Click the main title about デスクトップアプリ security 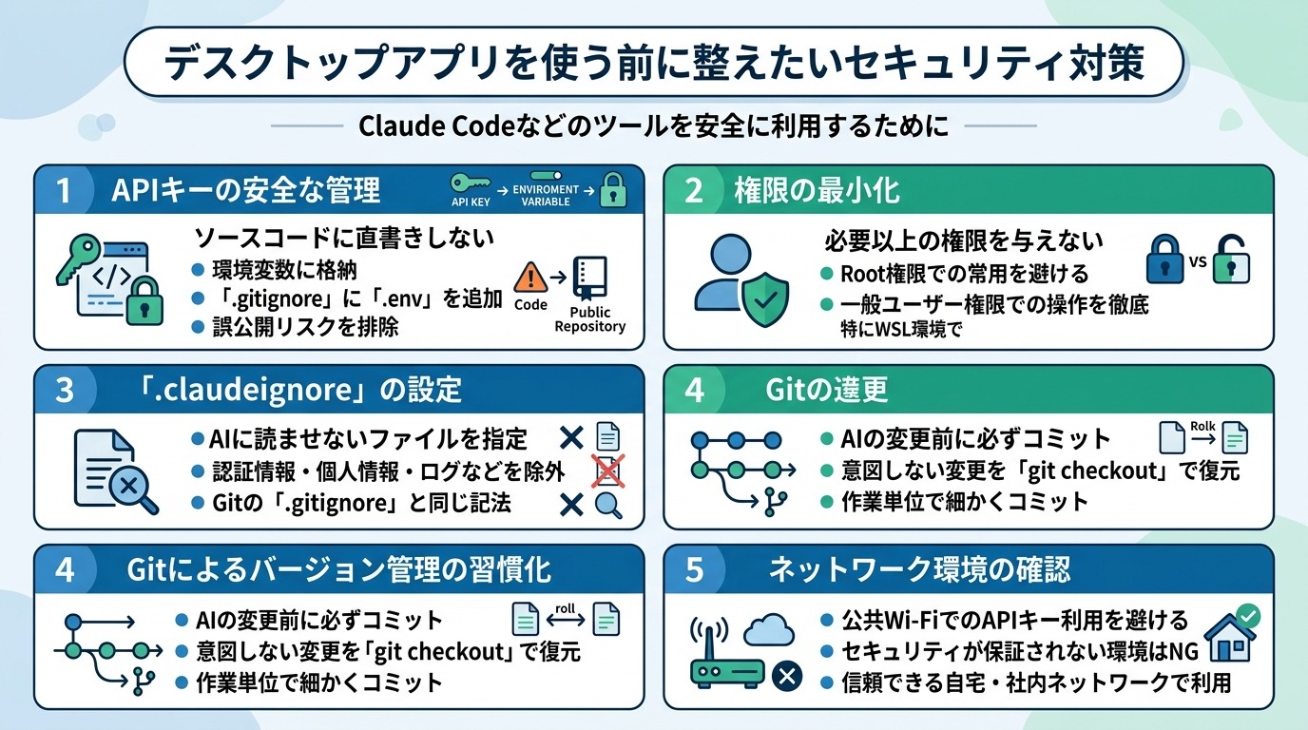pos(654,64)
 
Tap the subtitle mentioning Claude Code pos(654,126)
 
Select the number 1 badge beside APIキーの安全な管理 pos(64,190)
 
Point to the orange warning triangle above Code pos(530,278)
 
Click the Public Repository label pos(589,319)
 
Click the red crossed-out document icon pos(606,471)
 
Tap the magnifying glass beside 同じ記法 pos(606,504)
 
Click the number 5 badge pos(694,569)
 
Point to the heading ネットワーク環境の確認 pos(918,569)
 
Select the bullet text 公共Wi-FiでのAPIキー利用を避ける pos(1013,621)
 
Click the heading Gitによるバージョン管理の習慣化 pos(338,569)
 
